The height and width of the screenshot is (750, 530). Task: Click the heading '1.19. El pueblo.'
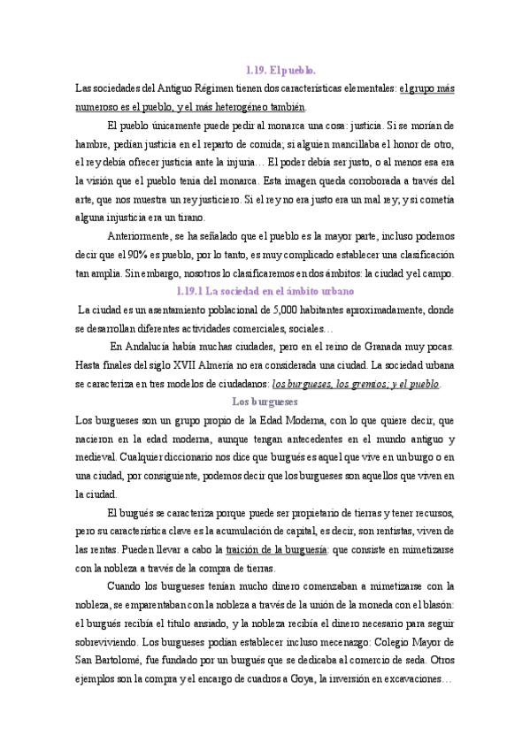280,69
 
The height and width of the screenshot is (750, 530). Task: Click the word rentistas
413,531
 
